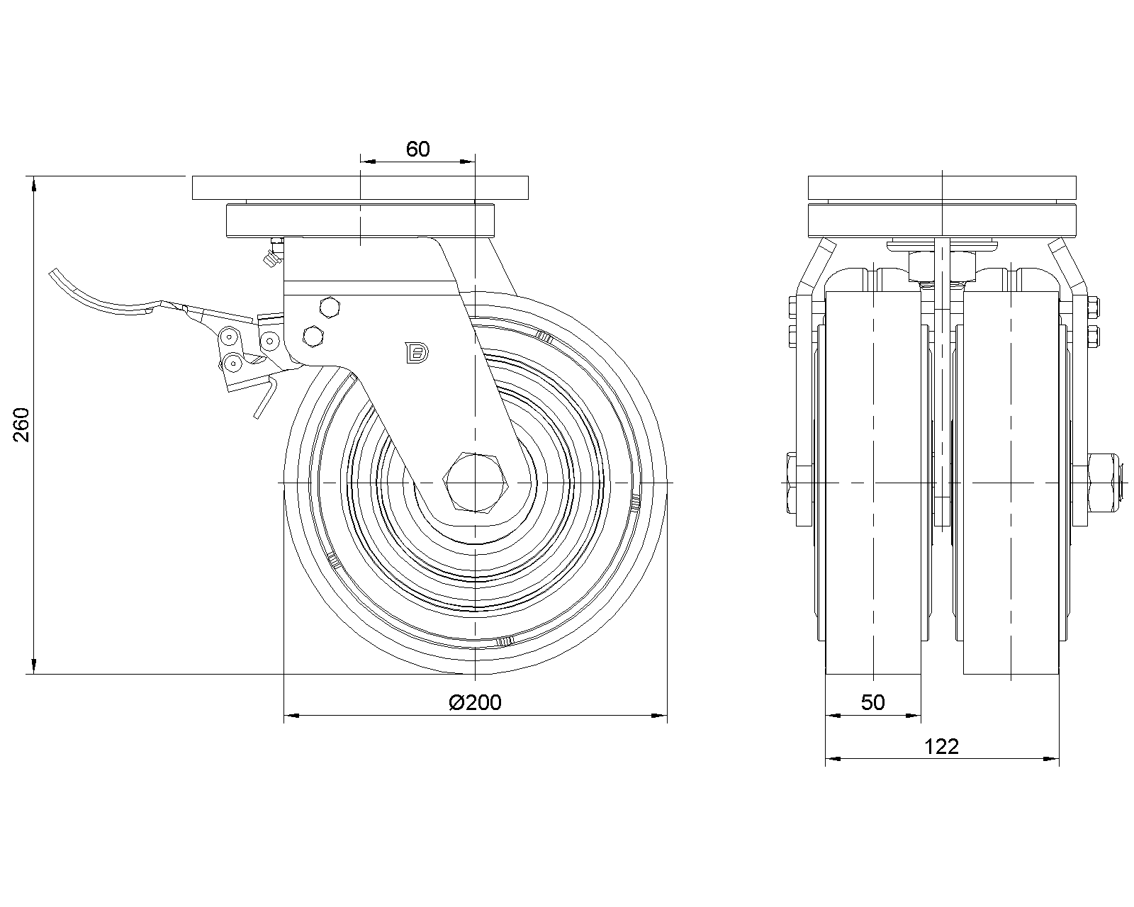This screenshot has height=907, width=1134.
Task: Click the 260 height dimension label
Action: coord(21,424)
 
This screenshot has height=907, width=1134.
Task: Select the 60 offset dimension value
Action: coord(418,149)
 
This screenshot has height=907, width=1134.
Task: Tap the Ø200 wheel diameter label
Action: coord(476,702)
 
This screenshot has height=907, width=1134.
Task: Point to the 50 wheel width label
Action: coord(872,702)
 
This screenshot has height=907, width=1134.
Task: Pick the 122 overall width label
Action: coord(942,746)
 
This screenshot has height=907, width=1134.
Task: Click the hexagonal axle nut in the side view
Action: coord(476,483)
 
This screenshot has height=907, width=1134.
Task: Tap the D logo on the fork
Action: coord(417,353)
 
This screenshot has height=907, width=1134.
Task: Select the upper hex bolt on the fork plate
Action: coord(330,308)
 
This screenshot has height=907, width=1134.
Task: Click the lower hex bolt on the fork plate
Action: coord(313,337)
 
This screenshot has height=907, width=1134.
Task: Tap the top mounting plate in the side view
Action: coord(360,188)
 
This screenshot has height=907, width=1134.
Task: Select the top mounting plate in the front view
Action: coord(942,188)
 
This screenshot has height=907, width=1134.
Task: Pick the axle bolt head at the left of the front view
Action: coord(792,483)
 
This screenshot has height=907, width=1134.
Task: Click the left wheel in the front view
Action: coord(872,483)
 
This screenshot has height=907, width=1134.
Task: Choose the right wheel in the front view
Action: coord(1011,483)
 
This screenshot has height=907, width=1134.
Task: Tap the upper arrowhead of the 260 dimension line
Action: coord(34,184)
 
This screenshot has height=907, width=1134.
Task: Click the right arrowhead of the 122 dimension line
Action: coord(1052,759)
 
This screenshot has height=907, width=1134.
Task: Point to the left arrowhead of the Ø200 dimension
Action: coord(292,715)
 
